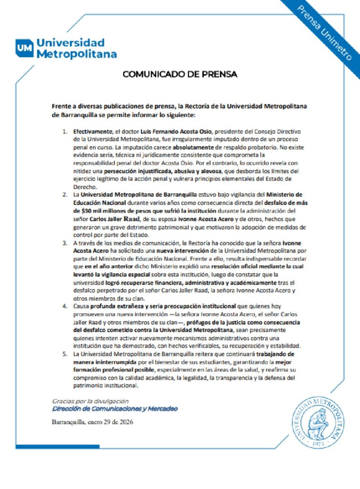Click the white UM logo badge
(24, 48)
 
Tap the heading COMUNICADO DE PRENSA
(180, 74)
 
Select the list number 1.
(65, 131)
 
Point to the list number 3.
(65, 244)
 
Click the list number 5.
(65, 354)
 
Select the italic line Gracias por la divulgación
(90, 401)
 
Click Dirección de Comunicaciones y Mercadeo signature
(115, 409)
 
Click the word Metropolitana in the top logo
(77, 53)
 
